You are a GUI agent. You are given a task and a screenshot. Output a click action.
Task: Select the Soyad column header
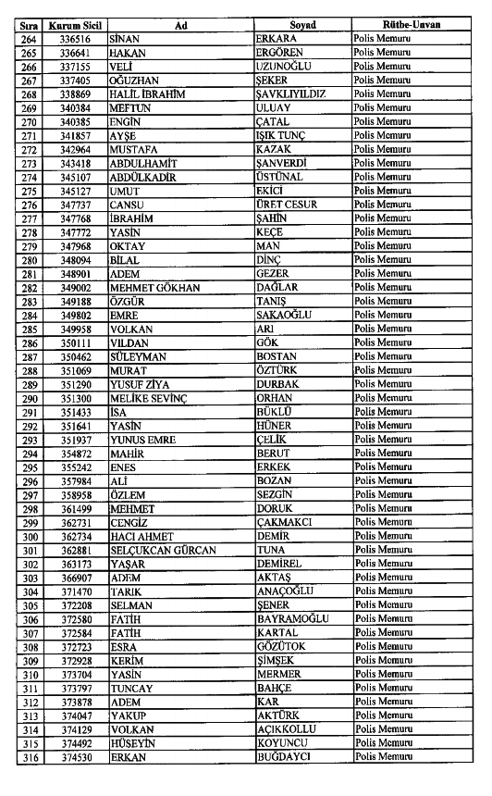[x=301, y=26]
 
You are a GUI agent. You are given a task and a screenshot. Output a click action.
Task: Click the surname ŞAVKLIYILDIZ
[x=295, y=94]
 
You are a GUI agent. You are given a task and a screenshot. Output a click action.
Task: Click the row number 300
[x=29, y=537]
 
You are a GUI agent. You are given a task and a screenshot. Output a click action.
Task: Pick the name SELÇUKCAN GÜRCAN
[x=162, y=551]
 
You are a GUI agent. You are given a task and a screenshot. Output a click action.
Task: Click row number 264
[x=29, y=40]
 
